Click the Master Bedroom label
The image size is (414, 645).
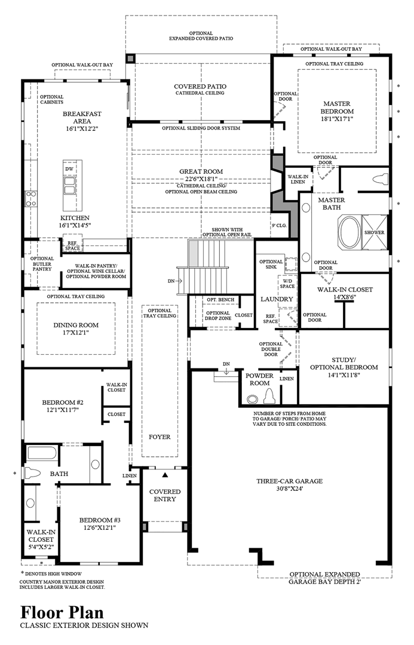tap(337, 107)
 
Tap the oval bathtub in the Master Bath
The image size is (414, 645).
tap(349, 232)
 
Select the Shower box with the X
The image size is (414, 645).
tap(375, 232)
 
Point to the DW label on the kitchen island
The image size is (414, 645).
tap(69, 169)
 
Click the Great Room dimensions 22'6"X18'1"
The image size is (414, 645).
tap(201, 179)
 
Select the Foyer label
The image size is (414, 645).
tap(160, 437)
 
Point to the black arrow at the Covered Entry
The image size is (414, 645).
tap(165, 475)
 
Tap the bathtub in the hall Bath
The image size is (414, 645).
tap(42, 454)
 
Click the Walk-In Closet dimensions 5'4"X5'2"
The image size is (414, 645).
tap(41, 546)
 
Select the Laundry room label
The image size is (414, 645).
tap(277, 299)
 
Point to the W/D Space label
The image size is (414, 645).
tap(287, 284)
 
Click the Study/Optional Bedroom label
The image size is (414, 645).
tap(344, 364)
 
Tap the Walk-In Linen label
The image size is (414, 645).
tap(298, 179)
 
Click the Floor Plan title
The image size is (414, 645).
tap(62, 613)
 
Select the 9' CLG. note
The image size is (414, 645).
tap(279, 225)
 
